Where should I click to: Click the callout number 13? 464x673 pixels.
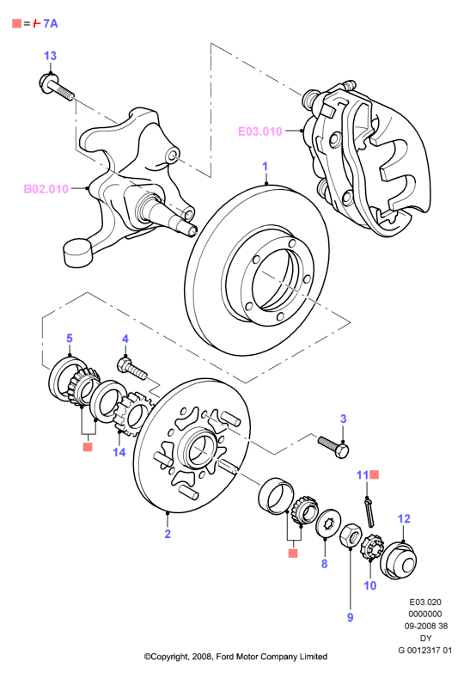click(50, 56)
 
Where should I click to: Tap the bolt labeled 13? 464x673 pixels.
click(57, 87)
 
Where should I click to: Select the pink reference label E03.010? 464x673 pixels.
click(260, 131)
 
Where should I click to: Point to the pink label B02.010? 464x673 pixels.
click(46, 189)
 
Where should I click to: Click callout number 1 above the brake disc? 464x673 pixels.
click(266, 167)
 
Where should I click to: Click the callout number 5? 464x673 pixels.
click(70, 338)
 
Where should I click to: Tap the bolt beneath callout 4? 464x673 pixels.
click(131, 369)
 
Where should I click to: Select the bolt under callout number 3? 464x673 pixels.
click(333, 446)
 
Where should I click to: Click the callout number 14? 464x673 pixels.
click(119, 452)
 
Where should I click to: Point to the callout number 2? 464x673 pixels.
click(168, 534)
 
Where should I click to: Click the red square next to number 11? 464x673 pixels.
click(375, 474)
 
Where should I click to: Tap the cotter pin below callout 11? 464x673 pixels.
click(369, 511)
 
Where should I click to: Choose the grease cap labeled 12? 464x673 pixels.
click(398, 560)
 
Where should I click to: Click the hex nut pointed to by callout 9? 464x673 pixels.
click(350, 535)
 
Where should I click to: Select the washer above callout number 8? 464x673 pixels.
click(327, 523)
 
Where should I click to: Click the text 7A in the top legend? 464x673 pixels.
click(50, 23)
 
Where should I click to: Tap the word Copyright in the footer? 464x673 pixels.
click(169, 657)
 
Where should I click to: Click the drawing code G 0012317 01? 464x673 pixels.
click(424, 650)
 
